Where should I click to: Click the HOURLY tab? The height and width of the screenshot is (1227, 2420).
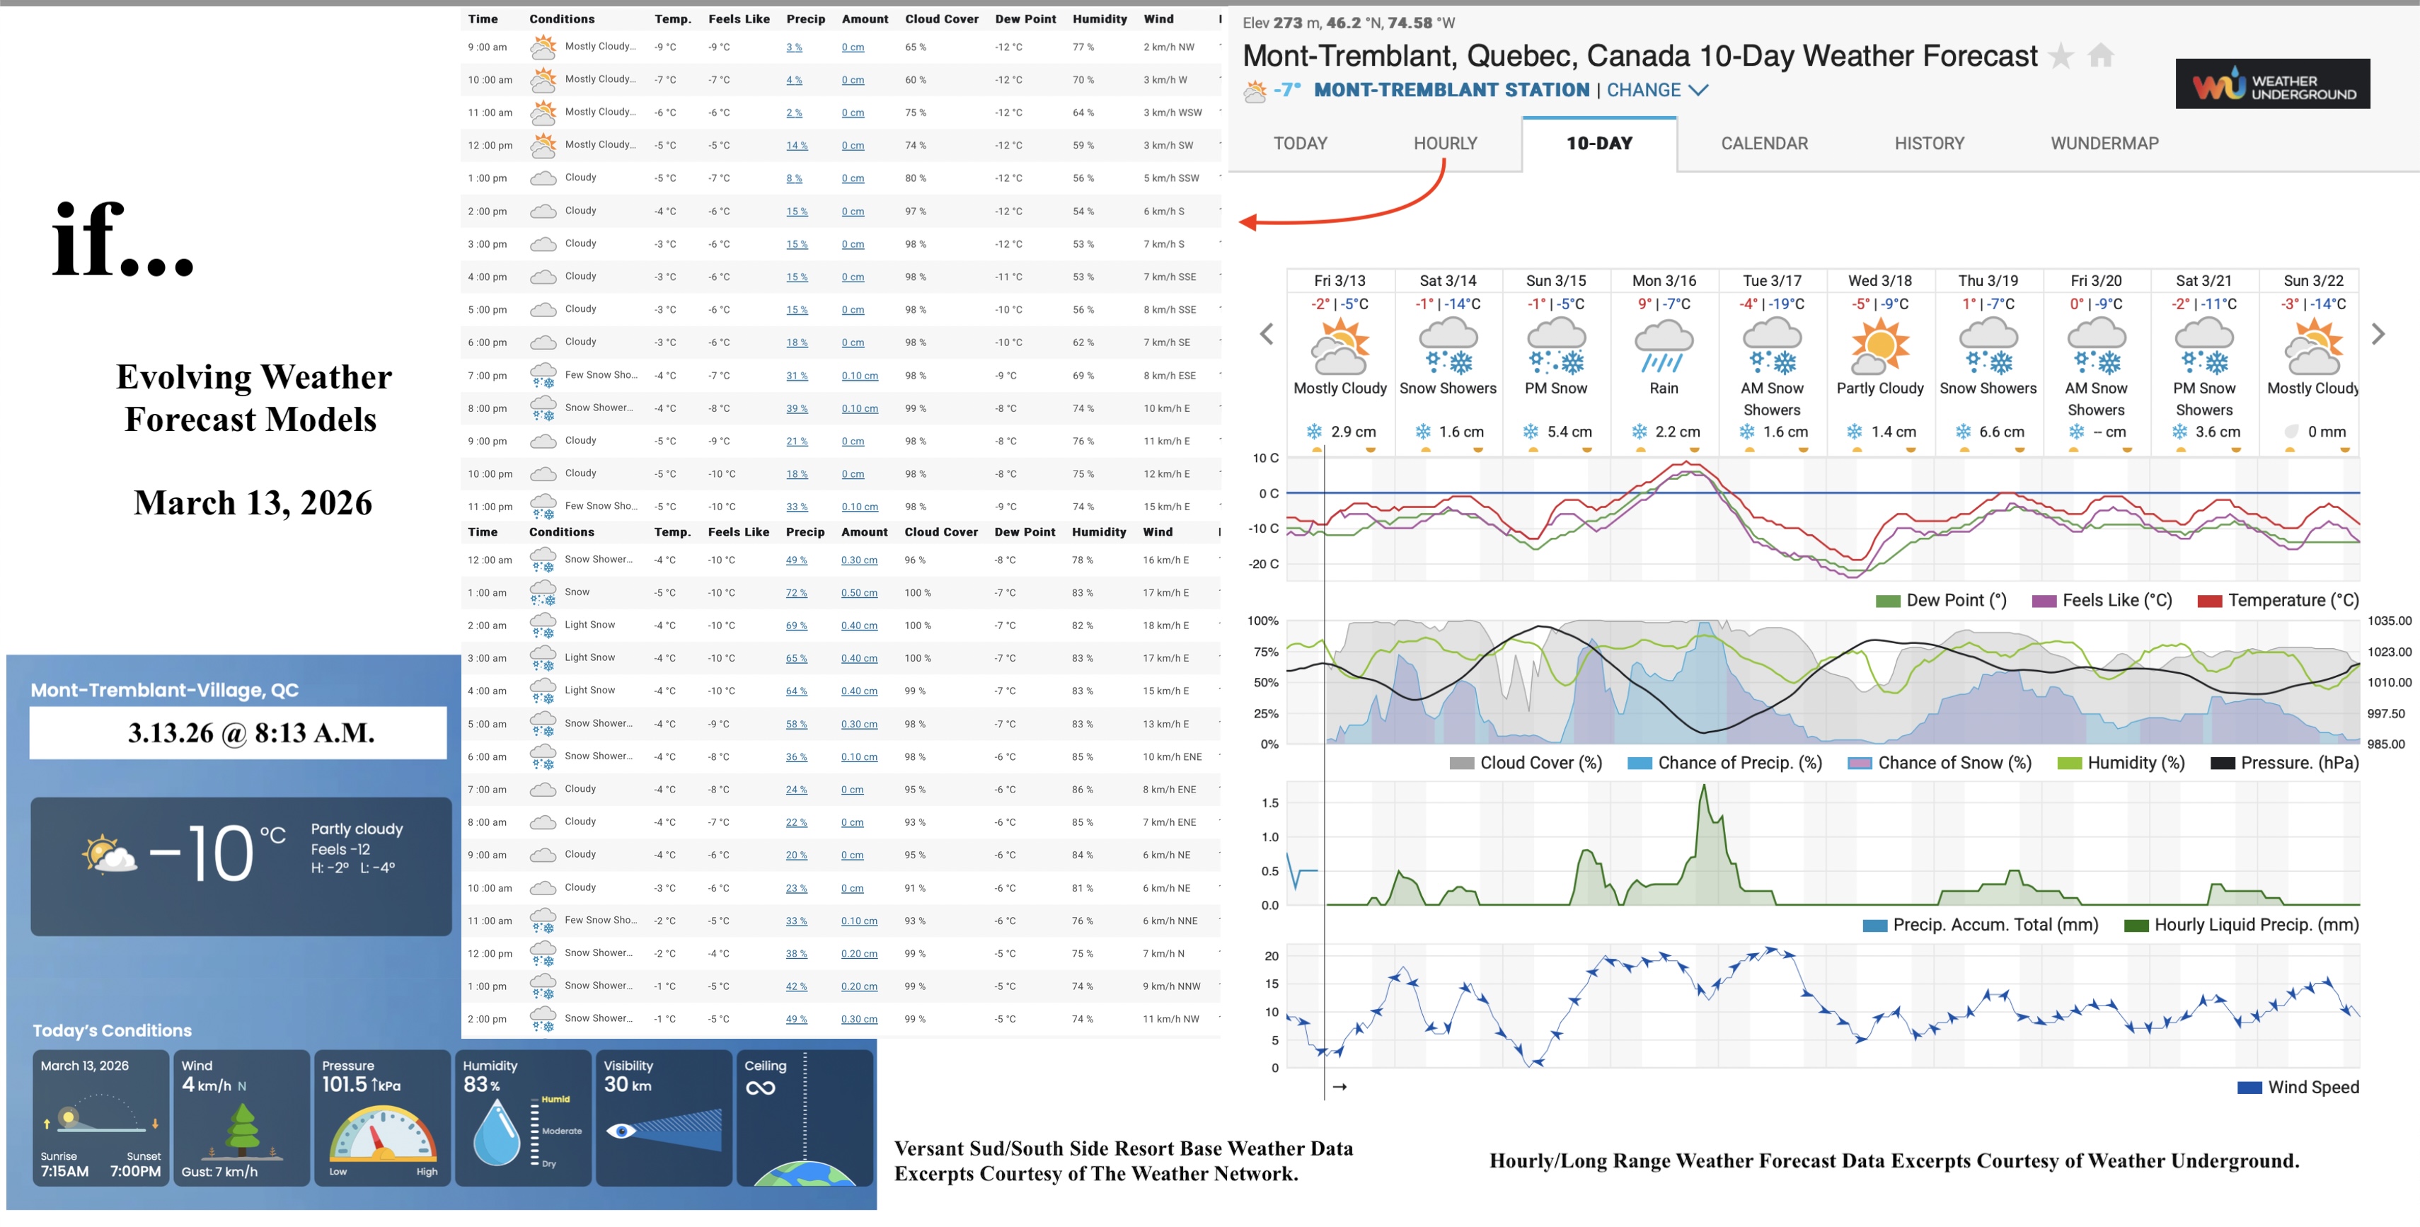[1445, 144]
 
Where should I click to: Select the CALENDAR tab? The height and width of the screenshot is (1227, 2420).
[1763, 144]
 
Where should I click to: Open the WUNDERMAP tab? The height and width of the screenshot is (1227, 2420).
[2104, 144]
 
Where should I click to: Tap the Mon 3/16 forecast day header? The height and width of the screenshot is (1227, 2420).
[1664, 281]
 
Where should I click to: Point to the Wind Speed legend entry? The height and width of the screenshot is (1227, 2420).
[2297, 1087]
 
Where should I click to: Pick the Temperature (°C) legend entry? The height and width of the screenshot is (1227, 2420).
[2278, 600]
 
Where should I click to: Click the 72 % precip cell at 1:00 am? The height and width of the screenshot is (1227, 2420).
[796, 593]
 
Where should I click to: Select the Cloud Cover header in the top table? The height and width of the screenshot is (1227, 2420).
[941, 19]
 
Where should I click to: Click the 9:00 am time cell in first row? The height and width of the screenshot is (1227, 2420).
[488, 47]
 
